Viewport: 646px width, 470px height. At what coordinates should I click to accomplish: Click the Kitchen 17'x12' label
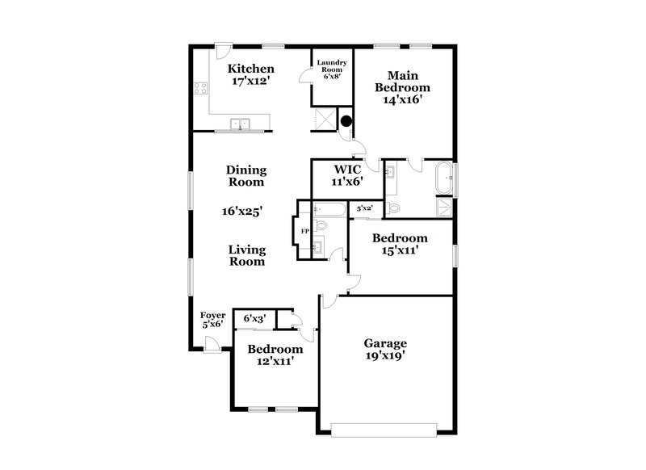click(x=250, y=75)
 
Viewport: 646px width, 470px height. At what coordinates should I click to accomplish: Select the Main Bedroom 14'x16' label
click(x=401, y=87)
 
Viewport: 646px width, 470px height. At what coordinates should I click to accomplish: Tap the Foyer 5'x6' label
click(x=212, y=319)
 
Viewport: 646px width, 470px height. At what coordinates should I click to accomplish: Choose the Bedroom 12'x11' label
click(x=275, y=355)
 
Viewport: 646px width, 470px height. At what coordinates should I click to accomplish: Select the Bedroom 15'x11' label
click(x=399, y=244)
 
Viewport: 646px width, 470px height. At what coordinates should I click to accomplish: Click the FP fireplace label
click(x=305, y=231)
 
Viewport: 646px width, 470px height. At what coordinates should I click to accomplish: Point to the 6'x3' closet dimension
click(x=254, y=319)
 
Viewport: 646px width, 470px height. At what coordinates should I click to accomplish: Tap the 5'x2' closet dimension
click(x=365, y=208)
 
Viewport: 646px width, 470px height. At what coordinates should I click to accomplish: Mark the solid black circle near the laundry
click(x=346, y=122)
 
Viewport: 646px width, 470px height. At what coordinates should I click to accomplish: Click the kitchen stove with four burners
click(x=200, y=90)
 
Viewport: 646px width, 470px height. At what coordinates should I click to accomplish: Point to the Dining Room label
click(x=246, y=176)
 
